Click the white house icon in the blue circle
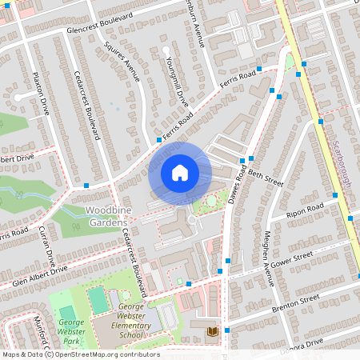pyautogui.click(x=179, y=172)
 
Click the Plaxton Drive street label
pyautogui.click(x=41, y=93)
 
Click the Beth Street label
pyautogui.click(x=266, y=178)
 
